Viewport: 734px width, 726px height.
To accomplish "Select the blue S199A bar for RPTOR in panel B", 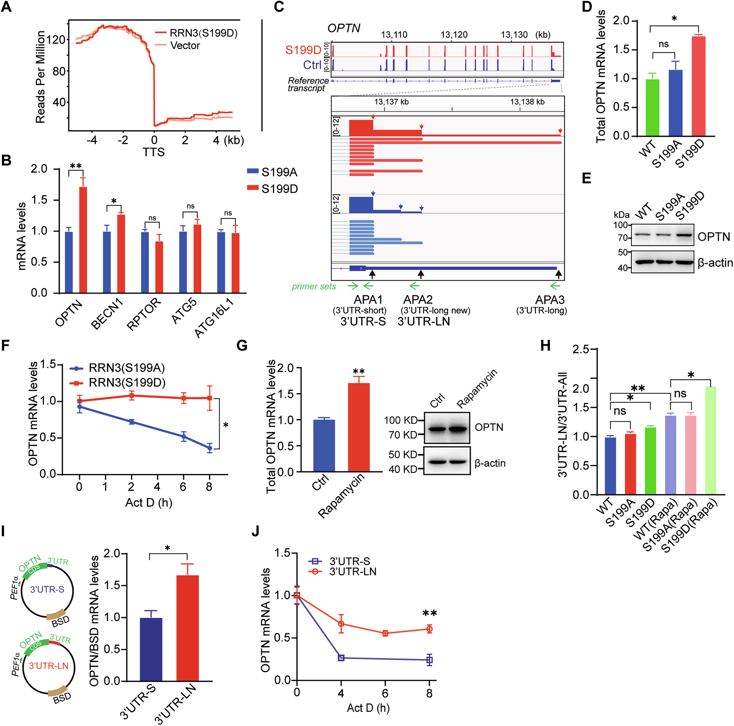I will [x=145, y=262].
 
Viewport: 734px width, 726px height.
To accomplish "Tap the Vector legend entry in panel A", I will [x=185, y=46].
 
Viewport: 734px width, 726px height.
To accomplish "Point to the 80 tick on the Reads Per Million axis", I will [x=59, y=71].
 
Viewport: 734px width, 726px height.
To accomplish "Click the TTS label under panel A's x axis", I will [x=153, y=152].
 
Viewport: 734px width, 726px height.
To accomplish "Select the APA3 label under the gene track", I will [x=549, y=300].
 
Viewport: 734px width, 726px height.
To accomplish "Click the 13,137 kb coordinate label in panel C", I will [x=391, y=102].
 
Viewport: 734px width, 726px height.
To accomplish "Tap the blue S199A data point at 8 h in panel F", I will [x=209, y=448].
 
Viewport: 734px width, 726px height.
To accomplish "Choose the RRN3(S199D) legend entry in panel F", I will [x=127, y=383].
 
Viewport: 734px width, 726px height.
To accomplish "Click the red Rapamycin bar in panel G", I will [x=359, y=427].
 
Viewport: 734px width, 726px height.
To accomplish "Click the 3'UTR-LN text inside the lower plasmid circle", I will [x=49, y=665].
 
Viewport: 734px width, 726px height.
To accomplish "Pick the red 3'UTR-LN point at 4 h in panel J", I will [x=341, y=624].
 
